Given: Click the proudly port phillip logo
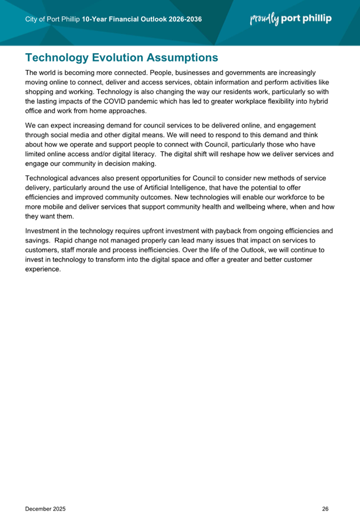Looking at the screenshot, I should [x=291, y=19].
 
